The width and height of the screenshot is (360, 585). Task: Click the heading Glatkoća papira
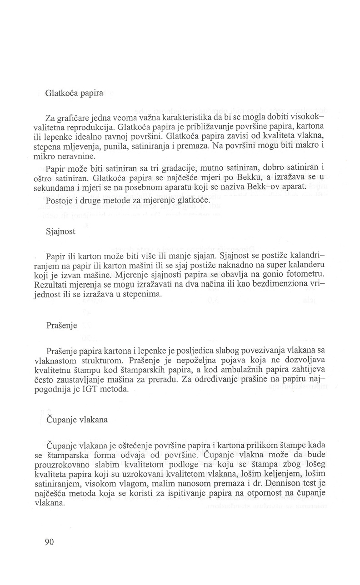pos(74,94)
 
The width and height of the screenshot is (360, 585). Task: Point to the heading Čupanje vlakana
pos(77,420)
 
